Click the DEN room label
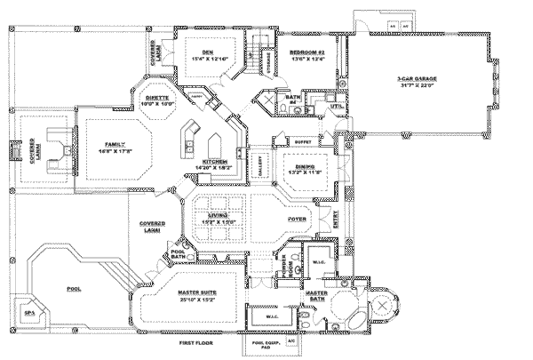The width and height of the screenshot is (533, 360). pyautogui.click(x=208, y=52)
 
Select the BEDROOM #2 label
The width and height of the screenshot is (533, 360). pyautogui.click(x=307, y=53)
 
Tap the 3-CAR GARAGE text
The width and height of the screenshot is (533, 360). pyautogui.click(x=416, y=79)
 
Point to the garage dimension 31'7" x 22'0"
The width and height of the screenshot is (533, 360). pyautogui.click(x=416, y=86)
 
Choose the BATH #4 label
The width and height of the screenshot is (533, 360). pyautogui.click(x=293, y=100)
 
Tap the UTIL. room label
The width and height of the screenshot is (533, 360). pyautogui.click(x=337, y=107)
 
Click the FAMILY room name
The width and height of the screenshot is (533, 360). pyautogui.click(x=115, y=145)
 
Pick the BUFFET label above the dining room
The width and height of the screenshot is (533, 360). pyautogui.click(x=302, y=140)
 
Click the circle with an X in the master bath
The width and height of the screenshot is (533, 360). pyautogui.click(x=385, y=305)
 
